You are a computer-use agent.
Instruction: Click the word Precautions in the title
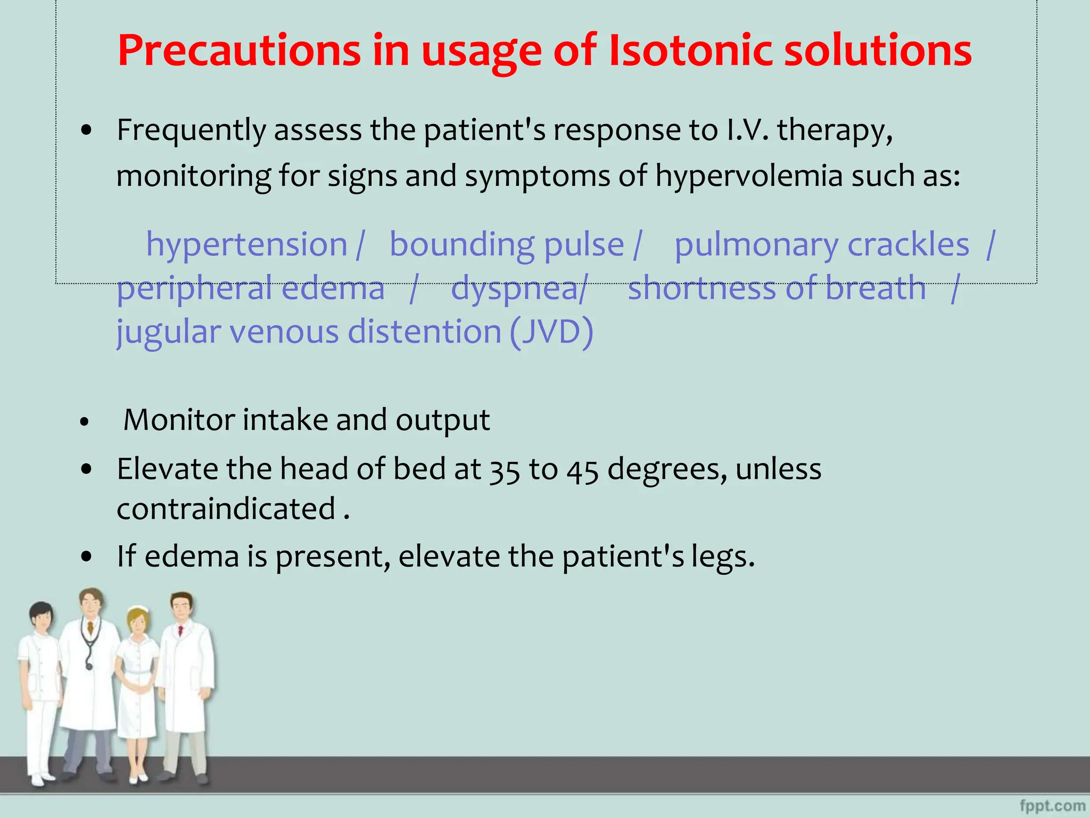tap(239, 52)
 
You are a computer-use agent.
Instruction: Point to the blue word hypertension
tap(246, 246)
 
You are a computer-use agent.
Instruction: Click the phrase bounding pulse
tap(507, 246)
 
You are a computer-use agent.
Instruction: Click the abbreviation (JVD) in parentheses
tap(551, 332)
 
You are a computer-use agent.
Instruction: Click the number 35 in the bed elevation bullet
tap(504, 471)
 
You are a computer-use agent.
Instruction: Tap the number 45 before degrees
tap(582, 471)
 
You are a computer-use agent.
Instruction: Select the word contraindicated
tap(226, 509)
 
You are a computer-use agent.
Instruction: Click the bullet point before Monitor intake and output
tap(84, 422)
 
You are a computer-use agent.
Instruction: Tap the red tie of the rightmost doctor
tap(180, 631)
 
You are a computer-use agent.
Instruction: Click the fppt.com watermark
tap(1052, 806)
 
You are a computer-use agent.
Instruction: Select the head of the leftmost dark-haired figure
tap(41, 616)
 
